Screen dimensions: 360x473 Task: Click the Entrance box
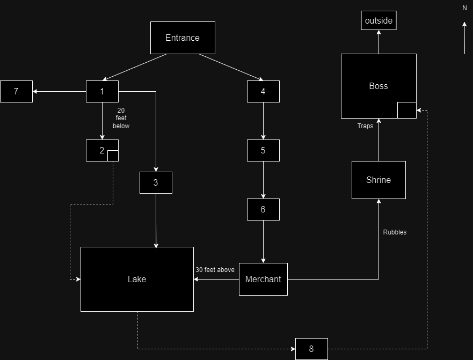(183, 38)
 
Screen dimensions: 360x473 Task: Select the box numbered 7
(16, 91)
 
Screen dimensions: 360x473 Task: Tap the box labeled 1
(102, 91)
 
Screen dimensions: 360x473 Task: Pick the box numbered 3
(156, 182)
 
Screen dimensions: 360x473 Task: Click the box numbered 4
(263, 91)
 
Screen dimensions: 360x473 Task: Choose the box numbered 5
(263, 150)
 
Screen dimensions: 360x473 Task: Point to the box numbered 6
(263, 209)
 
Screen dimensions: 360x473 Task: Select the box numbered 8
(311, 349)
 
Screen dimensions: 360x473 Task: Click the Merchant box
(263, 279)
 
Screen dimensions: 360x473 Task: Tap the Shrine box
(379, 180)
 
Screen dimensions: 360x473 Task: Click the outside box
(379, 21)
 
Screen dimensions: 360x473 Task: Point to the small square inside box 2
(113, 156)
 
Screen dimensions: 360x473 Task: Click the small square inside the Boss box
(406, 109)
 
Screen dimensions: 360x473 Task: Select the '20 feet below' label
(121, 118)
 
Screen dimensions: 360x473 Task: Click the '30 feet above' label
(215, 270)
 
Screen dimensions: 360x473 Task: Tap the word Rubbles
(395, 232)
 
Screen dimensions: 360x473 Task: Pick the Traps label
(365, 126)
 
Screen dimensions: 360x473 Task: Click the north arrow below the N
(464, 38)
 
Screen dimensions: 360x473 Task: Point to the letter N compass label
(464, 8)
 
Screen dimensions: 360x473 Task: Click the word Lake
(137, 279)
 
